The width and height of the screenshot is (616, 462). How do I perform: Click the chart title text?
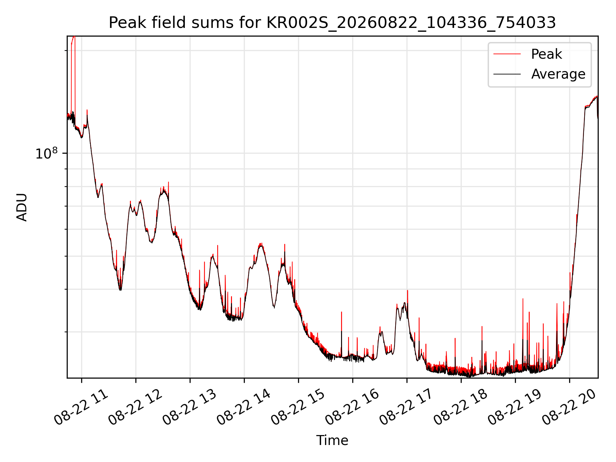tap(332, 23)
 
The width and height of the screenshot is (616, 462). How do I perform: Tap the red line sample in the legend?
tap(507, 54)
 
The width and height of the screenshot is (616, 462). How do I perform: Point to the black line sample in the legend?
tap(507, 74)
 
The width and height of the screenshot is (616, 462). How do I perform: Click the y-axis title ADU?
tap(22, 207)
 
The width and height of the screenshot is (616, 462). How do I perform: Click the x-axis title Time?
tap(332, 440)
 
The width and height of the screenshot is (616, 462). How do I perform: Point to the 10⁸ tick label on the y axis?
tap(47, 153)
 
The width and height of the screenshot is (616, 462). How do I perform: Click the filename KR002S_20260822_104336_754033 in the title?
tap(411, 23)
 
